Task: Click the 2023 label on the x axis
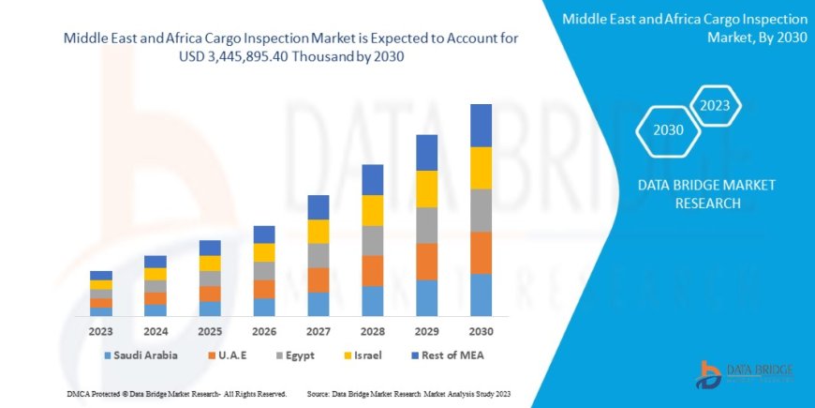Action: (x=100, y=331)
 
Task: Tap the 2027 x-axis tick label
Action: (x=318, y=331)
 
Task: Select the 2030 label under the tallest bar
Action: (x=481, y=331)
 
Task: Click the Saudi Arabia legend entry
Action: (x=141, y=355)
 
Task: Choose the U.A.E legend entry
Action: (x=234, y=355)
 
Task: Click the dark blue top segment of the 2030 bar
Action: (x=481, y=125)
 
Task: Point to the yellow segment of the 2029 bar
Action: (x=426, y=189)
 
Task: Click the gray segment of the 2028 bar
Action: (x=372, y=240)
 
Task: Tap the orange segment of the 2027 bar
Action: (x=318, y=280)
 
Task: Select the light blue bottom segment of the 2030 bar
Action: (x=481, y=295)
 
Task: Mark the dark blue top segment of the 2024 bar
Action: (x=155, y=262)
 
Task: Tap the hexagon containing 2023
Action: (x=716, y=105)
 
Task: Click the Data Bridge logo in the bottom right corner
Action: (x=744, y=372)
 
